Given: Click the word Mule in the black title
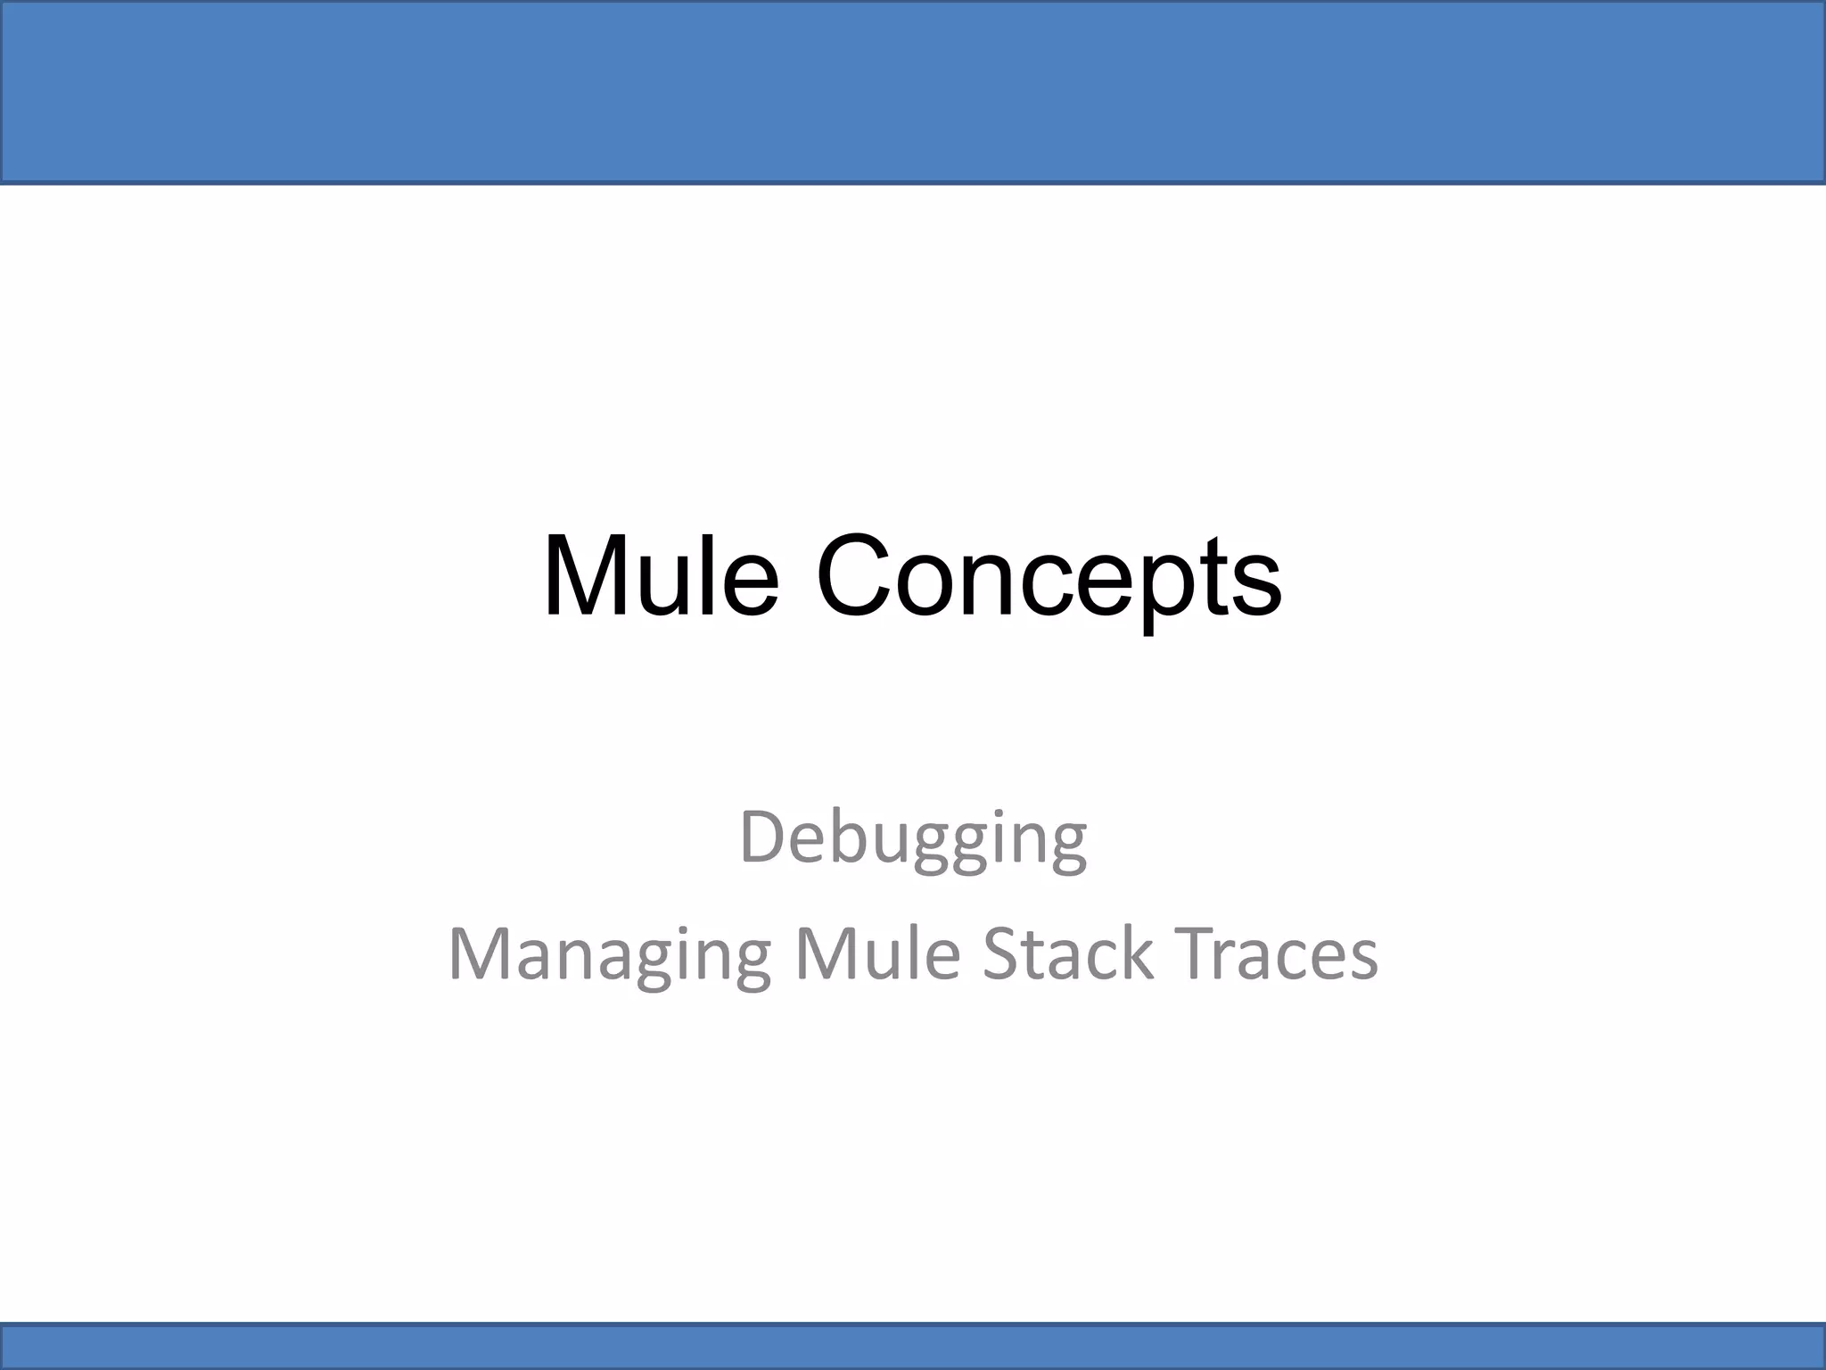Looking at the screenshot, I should click(x=661, y=576).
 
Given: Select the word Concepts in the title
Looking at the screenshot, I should click(x=1049, y=578).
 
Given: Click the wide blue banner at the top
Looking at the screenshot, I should click(x=913, y=92).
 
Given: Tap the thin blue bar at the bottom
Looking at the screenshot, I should click(x=913, y=1346).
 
